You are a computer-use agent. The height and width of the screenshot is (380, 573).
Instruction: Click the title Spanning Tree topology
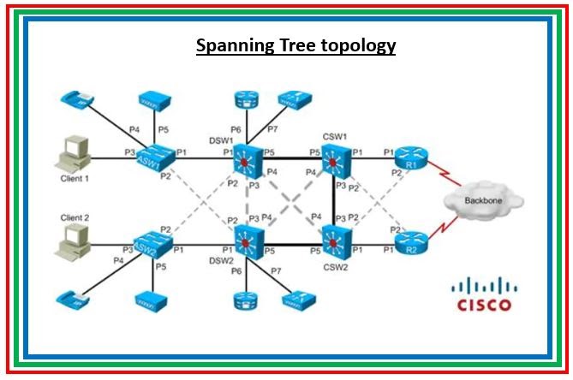[295, 45]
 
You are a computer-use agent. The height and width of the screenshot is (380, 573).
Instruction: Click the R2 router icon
[413, 244]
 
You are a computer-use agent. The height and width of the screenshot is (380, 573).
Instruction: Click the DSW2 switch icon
[248, 243]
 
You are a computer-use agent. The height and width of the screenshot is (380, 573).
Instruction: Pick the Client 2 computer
[72, 243]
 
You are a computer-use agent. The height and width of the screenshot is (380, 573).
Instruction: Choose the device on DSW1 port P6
[246, 101]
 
